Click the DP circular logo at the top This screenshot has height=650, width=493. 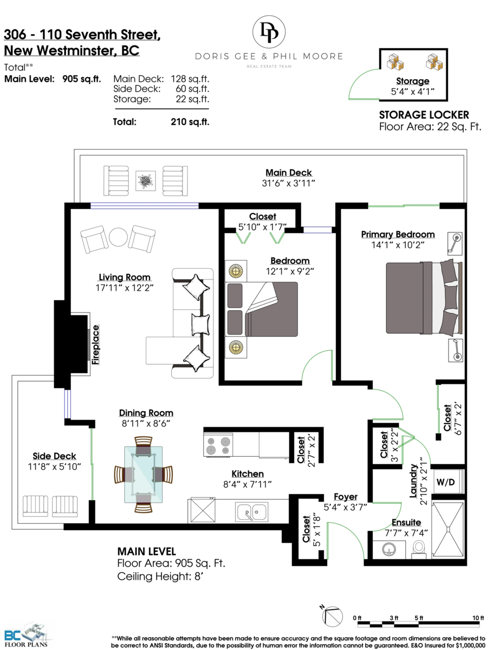269,32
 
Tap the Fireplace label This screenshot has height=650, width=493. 95,344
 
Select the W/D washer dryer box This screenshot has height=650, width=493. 446,482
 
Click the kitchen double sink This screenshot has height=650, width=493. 251,511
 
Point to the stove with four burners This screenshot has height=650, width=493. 218,445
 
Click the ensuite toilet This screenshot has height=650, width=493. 419,549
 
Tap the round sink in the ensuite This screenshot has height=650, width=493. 388,550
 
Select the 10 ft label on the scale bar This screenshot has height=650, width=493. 478,617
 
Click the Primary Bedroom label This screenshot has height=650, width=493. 398,234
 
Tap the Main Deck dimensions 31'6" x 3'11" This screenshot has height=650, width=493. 288,183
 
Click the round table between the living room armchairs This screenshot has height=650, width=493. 118,237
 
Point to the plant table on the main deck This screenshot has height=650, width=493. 145,180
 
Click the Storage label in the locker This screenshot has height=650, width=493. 412,81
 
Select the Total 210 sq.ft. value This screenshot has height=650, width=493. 190,122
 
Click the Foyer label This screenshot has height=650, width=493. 345,497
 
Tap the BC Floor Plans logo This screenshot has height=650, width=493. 26,635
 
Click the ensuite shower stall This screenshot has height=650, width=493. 447,529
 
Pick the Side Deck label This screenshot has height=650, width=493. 54,456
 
